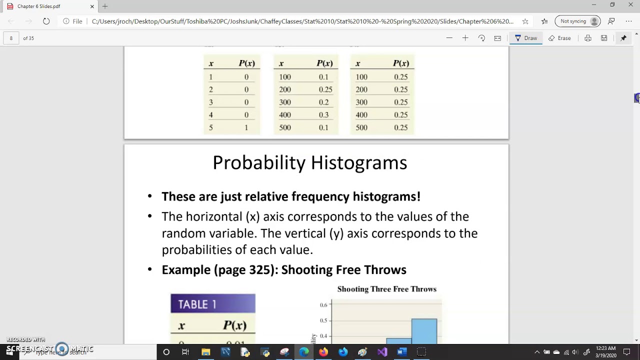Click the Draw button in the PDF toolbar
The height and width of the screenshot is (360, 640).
click(x=526, y=38)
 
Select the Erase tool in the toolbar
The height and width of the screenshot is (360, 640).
click(x=559, y=38)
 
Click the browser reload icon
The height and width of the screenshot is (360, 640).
click(x=46, y=21)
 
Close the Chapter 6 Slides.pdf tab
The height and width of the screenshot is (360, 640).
click(x=92, y=6)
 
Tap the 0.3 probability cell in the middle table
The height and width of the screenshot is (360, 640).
click(x=323, y=115)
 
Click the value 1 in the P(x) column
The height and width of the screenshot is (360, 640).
click(x=246, y=127)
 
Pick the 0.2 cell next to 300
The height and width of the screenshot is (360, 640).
click(x=323, y=102)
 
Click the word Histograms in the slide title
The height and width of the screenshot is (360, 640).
click(x=359, y=163)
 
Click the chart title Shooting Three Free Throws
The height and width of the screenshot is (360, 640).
click(x=386, y=289)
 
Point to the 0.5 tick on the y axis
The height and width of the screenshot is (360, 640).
click(x=323, y=320)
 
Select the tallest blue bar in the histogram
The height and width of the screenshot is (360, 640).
click(x=424, y=330)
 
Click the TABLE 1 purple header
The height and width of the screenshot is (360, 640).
click(x=213, y=304)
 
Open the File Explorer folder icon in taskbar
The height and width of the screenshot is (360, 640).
click(x=205, y=352)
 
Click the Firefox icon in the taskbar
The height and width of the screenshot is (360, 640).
click(x=323, y=352)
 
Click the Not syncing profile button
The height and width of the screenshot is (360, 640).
click(x=579, y=21)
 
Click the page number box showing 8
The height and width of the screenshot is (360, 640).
click(x=11, y=38)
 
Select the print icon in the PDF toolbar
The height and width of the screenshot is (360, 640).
click(x=588, y=38)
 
